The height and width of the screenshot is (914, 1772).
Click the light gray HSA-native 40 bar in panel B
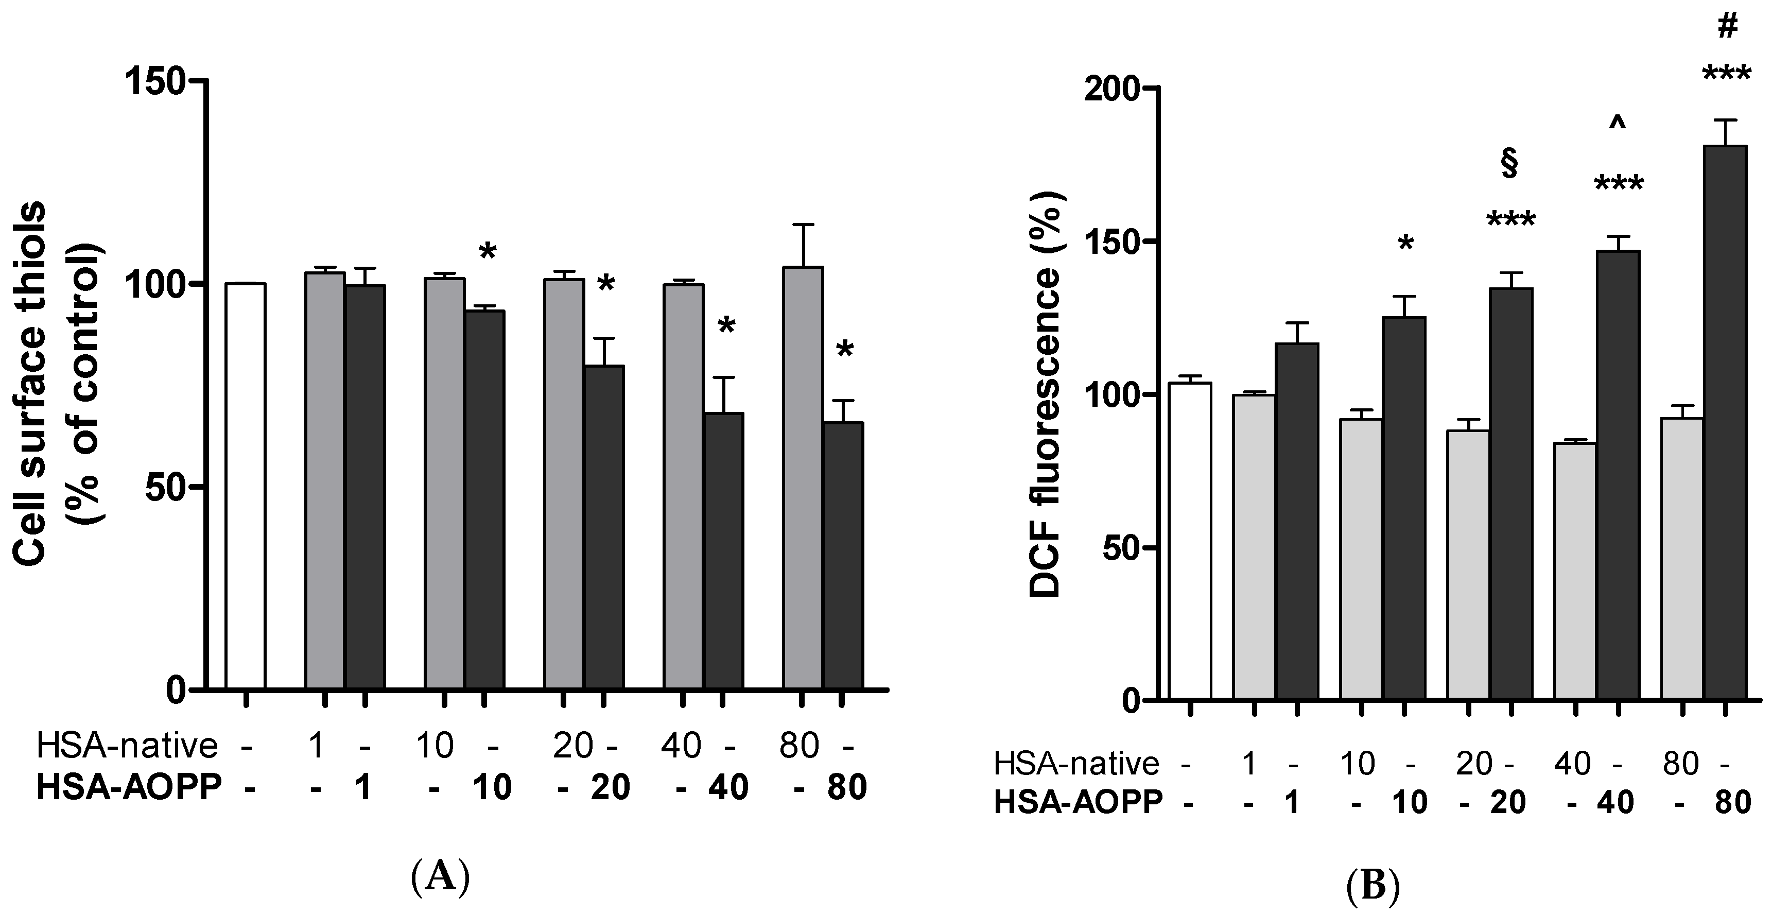[1576, 571]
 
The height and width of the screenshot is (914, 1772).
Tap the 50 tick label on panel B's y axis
[1125, 548]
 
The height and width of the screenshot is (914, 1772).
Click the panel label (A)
[440, 875]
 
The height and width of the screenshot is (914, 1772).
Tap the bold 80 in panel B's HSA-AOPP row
[1732, 802]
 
